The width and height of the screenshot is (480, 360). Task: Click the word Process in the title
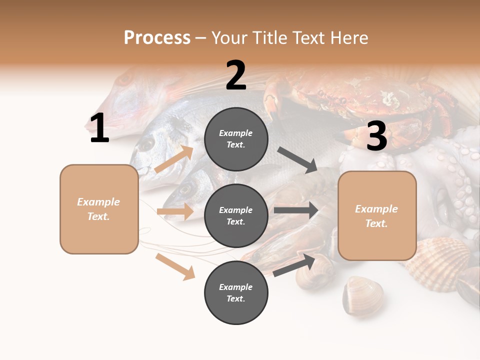coord(157,37)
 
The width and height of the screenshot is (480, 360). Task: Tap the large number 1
coord(99,128)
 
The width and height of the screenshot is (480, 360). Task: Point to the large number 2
coord(236,75)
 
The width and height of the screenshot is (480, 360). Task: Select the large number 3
coord(376,136)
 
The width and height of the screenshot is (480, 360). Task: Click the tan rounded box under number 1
coord(99,209)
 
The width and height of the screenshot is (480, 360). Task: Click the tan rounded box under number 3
coord(377,215)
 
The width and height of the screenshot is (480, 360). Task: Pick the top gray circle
coord(236,139)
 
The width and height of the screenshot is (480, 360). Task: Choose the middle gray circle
coord(236,215)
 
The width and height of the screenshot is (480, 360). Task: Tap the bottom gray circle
coord(236,292)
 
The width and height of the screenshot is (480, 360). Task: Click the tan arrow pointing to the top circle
coord(174,159)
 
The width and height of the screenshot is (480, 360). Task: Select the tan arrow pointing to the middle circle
coord(175,211)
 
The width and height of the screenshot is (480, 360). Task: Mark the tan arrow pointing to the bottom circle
coord(175,266)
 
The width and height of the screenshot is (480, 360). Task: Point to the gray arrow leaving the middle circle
coord(296,210)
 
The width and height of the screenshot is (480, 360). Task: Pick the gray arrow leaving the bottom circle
coord(294,265)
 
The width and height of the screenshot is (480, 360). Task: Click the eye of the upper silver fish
coord(146,144)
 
